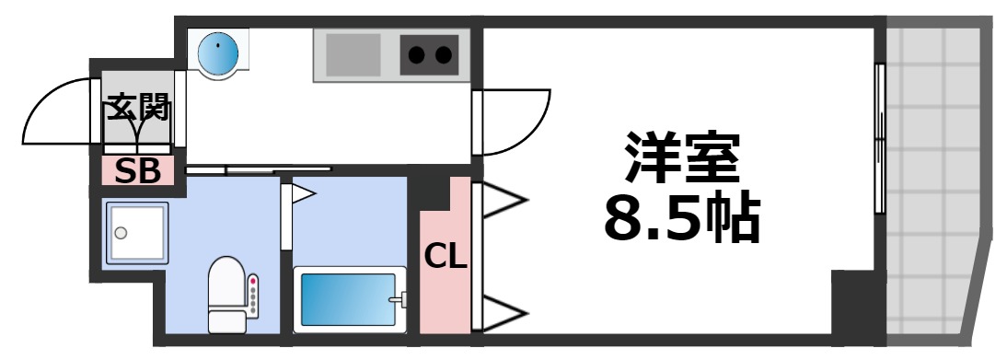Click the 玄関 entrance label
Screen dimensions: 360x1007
tap(138, 110)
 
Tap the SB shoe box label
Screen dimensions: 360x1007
tap(137, 170)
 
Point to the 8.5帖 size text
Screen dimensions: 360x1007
tap(681, 219)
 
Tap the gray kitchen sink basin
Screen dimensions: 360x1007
tap(353, 54)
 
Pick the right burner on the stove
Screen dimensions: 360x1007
tap(444, 55)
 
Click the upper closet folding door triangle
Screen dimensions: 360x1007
tap(501, 200)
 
